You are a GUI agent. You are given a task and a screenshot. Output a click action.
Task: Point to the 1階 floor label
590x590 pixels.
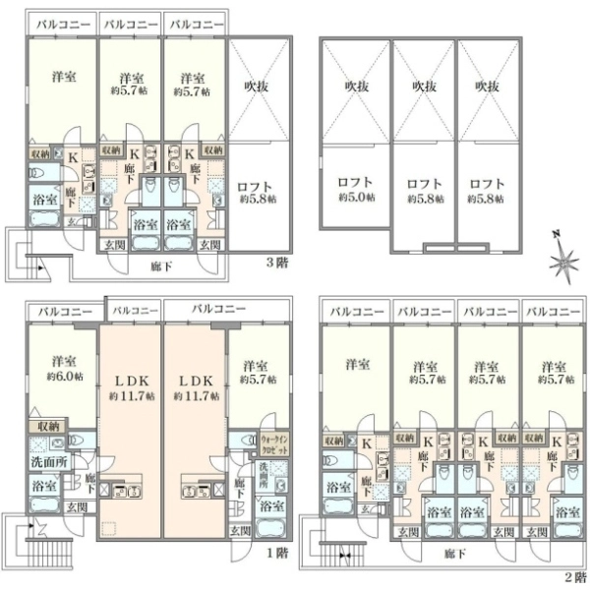[277, 553]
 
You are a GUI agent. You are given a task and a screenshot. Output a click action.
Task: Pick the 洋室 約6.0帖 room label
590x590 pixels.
[65, 368]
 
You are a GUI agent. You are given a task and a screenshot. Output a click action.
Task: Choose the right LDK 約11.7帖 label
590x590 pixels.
[196, 387]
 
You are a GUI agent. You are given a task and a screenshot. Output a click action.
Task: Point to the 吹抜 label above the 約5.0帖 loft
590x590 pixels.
[356, 87]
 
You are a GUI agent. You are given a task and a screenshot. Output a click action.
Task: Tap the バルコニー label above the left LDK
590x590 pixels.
[130, 311]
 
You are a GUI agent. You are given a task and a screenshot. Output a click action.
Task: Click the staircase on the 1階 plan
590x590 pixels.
[39, 546]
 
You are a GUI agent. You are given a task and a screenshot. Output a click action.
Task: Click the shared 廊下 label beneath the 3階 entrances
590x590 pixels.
[161, 266]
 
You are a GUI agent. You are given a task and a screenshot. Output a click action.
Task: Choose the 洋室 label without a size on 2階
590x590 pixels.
[356, 364]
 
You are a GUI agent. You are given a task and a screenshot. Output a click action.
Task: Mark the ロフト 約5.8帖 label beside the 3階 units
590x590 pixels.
[260, 190]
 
